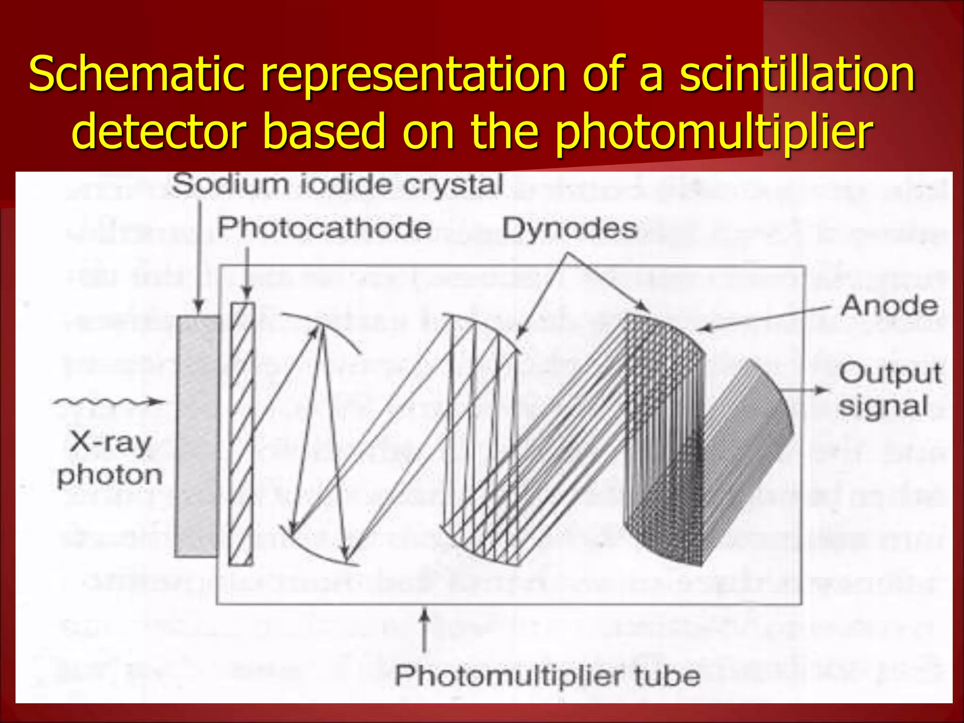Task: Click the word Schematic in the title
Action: tap(137, 74)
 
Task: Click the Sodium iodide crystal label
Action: tap(337, 184)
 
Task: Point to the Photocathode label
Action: tap(324, 228)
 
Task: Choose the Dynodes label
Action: tap(570, 229)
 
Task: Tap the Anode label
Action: tap(889, 306)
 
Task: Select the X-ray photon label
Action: tap(110, 459)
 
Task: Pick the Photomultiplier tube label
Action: tap(547, 676)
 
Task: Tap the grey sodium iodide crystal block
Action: tap(196, 437)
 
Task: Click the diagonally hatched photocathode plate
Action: tap(242, 434)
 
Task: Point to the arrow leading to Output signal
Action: tap(804, 390)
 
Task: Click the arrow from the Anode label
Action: tap(763, 318)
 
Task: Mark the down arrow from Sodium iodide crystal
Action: tap(199, 257)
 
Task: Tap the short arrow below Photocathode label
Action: tap(247, 272)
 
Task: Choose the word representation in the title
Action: tap(413, 74)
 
